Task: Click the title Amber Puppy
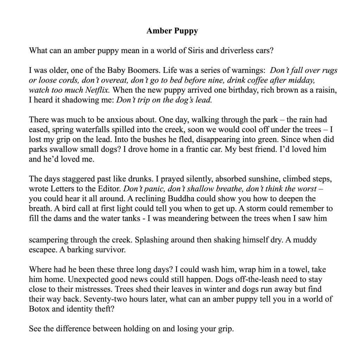click(x=172, y=31)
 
